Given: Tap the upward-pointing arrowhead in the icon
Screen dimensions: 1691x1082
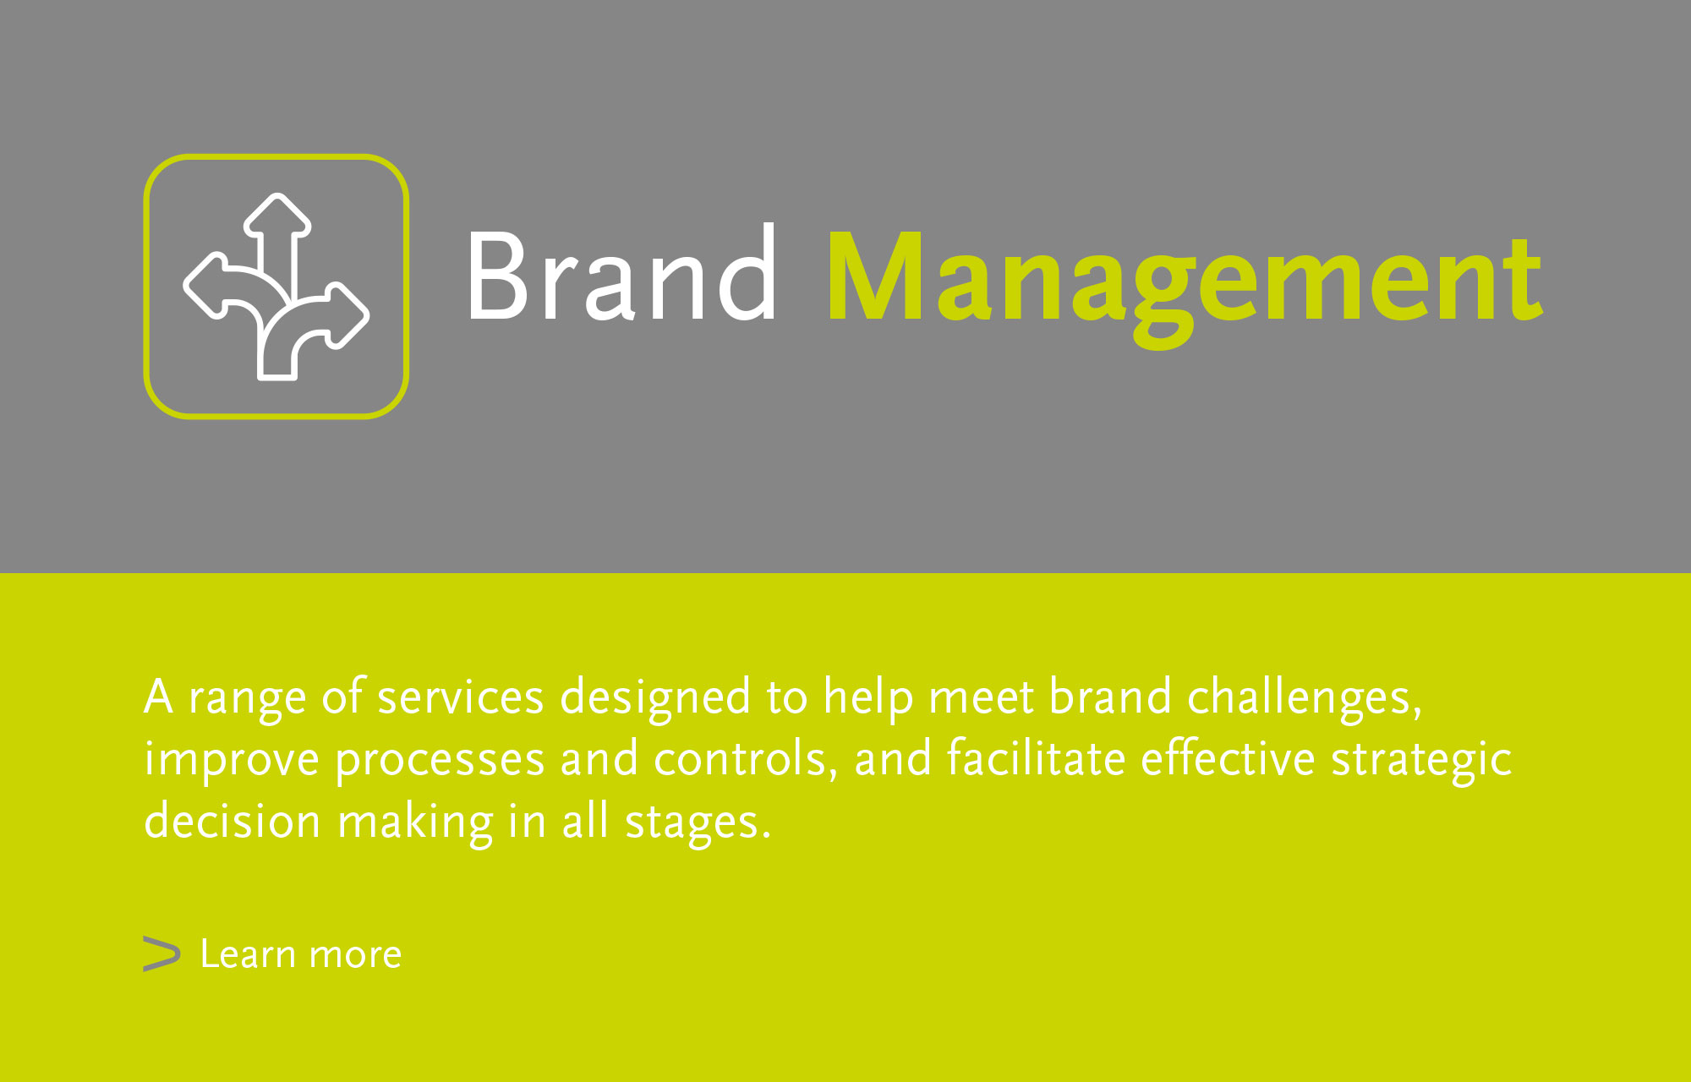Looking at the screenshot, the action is [277, 215].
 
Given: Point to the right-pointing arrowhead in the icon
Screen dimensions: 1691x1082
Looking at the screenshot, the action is [348, 315].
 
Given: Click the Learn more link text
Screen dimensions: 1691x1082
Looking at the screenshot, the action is [301, 954].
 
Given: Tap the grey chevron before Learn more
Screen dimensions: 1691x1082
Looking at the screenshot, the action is [161, 954].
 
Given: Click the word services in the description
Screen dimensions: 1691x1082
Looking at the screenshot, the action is [460, 698].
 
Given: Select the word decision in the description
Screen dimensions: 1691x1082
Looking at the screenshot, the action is [233, 820].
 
